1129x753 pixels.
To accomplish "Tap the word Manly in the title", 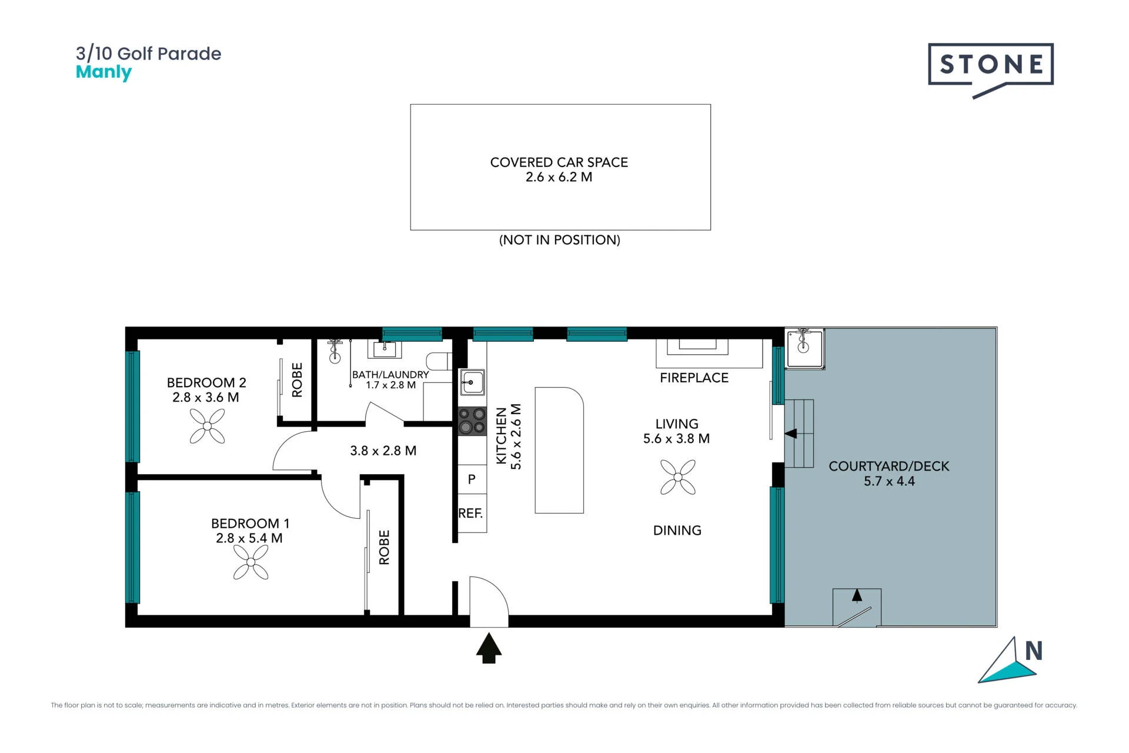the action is pos(103,72).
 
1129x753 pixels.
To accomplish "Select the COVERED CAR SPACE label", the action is pos(559,162).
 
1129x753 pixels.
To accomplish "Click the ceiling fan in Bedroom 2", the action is pos(207,426).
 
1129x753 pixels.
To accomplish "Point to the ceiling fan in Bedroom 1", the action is pos(251,562).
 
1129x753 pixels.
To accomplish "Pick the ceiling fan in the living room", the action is pos(678,477).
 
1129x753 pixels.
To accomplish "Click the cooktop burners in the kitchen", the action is pos(472,421).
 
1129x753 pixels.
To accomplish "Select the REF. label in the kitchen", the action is pos(470,514).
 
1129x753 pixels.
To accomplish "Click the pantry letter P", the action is pos(472,479).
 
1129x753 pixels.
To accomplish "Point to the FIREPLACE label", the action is pos(694,378).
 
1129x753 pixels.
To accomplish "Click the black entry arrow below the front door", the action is pos(489,648).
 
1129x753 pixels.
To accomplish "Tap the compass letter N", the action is pos(1034,651).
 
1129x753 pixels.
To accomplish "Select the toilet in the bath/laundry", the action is pos(439,361).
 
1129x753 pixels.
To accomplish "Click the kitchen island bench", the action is pos(559,450).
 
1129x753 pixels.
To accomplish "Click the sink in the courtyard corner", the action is pos(804,348).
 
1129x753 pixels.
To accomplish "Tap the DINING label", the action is pos(677,531).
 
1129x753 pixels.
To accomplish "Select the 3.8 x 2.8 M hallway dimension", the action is pos(383,451).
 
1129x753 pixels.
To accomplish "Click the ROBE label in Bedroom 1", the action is pos(385,548).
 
